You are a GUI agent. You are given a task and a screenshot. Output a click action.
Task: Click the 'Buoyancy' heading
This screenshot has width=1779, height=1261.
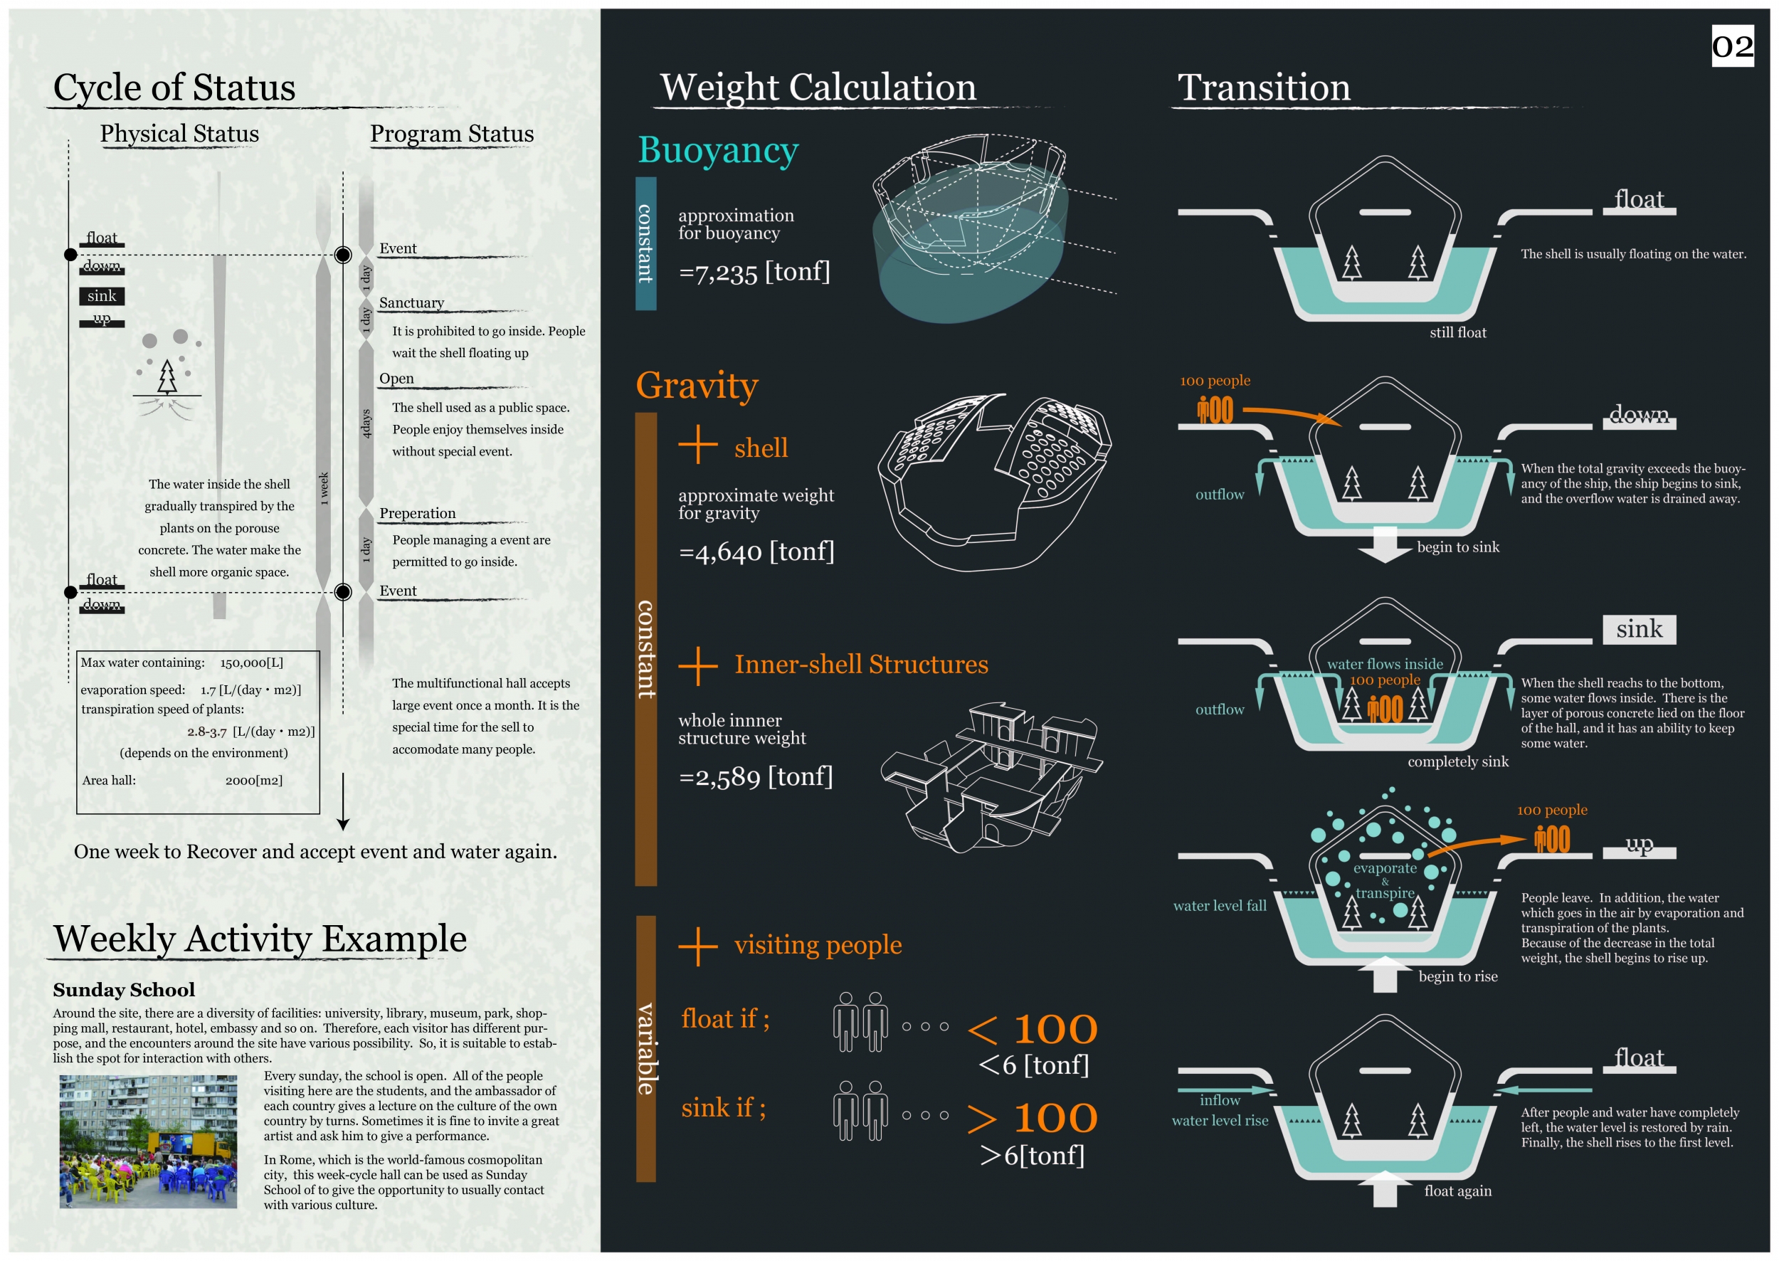[717, 150]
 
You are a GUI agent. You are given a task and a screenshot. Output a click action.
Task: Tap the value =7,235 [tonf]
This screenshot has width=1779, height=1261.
[754, 272]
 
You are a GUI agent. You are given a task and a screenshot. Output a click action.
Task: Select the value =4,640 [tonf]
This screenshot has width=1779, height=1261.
[756, 552]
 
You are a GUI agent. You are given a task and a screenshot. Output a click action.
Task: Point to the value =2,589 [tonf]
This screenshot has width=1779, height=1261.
[756, 776]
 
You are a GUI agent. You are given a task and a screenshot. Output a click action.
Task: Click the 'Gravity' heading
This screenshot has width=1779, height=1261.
[697, 385]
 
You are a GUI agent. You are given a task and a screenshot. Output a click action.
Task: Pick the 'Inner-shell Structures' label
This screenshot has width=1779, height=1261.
[860, 665]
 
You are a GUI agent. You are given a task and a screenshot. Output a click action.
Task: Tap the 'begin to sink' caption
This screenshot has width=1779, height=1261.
[1457, 547]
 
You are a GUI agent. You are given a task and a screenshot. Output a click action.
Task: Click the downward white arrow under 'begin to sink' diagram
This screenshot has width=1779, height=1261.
[1385, 544]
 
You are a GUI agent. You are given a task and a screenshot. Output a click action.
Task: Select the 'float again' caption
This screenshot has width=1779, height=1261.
[1457, 1191]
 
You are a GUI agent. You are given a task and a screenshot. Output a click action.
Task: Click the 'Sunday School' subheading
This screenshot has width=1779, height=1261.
[125, 990]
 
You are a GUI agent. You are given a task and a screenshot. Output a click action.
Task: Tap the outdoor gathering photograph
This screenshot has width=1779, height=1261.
[148, 1141]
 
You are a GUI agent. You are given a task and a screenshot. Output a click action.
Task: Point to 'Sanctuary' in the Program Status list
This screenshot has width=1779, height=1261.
[411, 303]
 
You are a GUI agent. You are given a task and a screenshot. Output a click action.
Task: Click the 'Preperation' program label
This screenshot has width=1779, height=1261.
[417, 513]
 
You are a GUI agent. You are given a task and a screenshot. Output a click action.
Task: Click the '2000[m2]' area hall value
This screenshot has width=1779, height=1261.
[254, 781]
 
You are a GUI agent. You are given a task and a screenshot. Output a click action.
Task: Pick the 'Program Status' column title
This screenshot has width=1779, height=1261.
[451, 134]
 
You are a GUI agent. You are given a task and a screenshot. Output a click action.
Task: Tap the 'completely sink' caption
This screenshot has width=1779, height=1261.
[1457, 761]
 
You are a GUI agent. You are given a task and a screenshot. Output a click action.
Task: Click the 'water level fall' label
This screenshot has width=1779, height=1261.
[1219, 905]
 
